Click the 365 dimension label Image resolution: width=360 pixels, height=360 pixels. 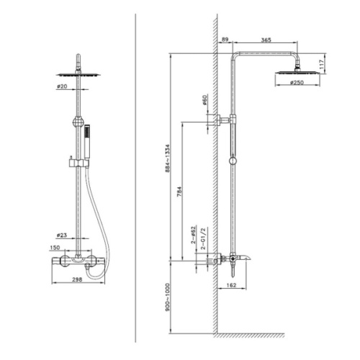pos(266,40)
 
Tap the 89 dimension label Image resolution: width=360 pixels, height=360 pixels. pos(225,40)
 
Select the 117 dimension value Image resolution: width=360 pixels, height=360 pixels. pos(322,64)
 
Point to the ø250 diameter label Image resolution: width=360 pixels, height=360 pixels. pos(297,83)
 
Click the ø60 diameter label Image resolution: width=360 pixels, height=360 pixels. pos(204,100)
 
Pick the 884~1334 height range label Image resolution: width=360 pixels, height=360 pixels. pos(167,158)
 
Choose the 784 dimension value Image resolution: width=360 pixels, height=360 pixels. pos(179,192)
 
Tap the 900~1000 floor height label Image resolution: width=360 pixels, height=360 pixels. pos(167,297)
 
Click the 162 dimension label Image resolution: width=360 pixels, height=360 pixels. pos(231,285)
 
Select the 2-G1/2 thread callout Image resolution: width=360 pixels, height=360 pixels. pos(203,238)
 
